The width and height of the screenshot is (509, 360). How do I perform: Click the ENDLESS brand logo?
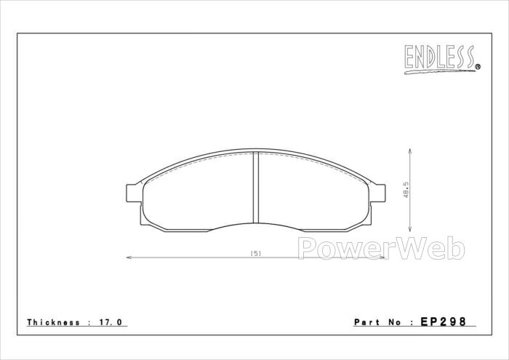click(442, 59)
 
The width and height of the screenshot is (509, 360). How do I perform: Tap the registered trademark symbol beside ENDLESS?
click(478, 67)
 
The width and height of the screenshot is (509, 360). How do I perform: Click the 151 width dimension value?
click(256, 254)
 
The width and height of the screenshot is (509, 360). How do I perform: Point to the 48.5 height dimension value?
click(406, 190)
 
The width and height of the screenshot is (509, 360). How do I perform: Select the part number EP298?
click(444, 321)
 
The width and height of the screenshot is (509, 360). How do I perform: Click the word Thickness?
click(54, 322)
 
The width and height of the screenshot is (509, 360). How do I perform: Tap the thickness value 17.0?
click(110, 322)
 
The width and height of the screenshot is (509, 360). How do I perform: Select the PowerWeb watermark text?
click(381, 248)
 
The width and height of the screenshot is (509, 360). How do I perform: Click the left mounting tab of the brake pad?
click(134, 193)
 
